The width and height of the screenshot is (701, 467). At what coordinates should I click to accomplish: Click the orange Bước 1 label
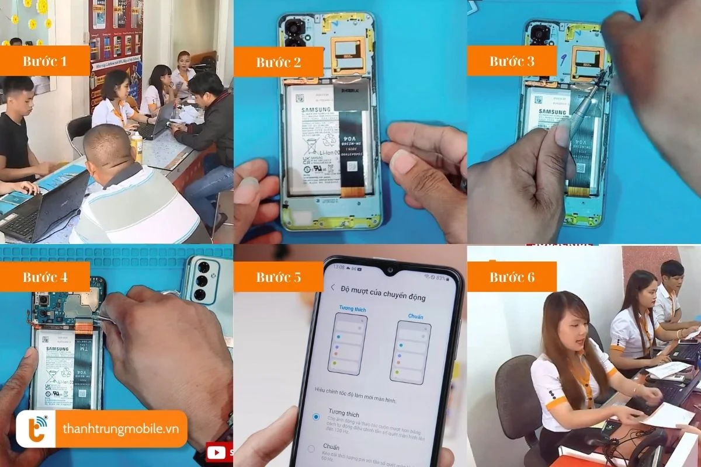coord(45,61)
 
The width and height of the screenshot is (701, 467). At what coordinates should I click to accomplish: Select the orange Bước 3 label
coord(512,61)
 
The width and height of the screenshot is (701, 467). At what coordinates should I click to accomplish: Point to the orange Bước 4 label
coord(45,277)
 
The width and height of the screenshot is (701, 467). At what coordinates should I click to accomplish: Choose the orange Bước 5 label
coord(279,277)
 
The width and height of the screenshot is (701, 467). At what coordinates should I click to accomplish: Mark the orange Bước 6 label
coord(512,277)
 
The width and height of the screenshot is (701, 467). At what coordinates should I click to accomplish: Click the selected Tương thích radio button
coord(316,400)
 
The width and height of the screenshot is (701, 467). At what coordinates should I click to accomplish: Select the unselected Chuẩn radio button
coord(311,448)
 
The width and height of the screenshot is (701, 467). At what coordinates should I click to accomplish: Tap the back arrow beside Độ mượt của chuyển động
coord(333,288)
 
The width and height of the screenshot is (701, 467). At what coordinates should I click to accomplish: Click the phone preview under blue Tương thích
coord(348,344)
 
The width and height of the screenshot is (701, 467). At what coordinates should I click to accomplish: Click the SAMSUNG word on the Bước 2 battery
coord(316,110)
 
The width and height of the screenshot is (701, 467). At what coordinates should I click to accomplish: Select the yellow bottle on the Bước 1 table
coord(138,147)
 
